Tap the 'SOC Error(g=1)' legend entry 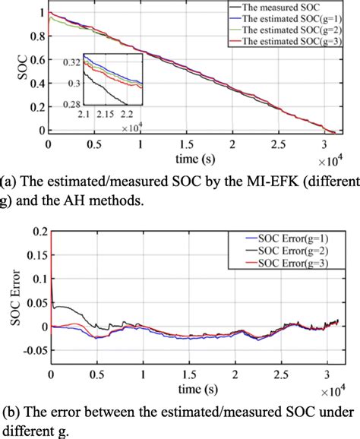[x=301, y=240]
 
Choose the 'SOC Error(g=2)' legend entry [x=301, y=251]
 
